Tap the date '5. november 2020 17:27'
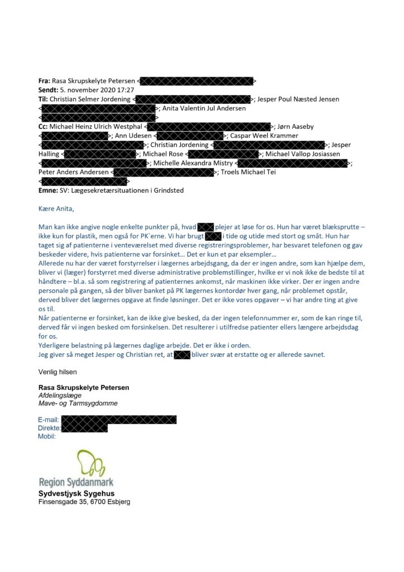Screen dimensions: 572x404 [96, 90]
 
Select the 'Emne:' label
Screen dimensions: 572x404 [49, 190]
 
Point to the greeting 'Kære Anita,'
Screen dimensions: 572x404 [56, 209]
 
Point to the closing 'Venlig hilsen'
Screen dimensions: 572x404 [58, 371]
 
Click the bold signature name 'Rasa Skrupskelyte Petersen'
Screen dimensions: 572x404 [84, 388]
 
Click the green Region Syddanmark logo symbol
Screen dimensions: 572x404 [90, 462]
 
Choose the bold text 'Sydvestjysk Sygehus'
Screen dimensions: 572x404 [76, 493]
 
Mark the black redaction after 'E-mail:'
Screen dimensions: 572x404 [119, 420]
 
